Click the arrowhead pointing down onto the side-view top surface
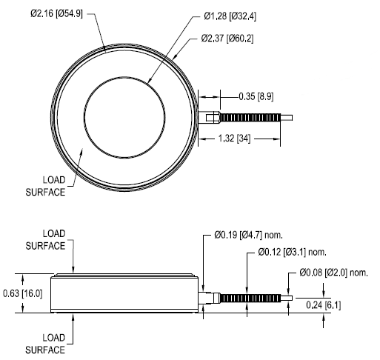click(73, 270)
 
